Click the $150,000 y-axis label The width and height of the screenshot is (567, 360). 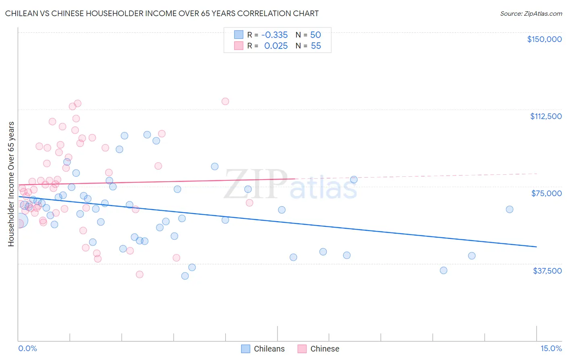tap(544, 39)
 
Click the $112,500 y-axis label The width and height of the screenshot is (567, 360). tap(546, 116)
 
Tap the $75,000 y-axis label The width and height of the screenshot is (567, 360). tap(546, 193)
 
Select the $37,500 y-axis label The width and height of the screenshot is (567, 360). tap(547, 271)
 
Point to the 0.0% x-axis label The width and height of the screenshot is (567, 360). tap(27, 349)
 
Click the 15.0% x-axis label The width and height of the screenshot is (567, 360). tap(551, 349)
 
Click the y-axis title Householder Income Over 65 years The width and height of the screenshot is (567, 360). tap(11, 184)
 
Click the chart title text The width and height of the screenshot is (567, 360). tap(162, 13)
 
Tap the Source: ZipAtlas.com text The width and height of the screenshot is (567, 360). tap(531, 14)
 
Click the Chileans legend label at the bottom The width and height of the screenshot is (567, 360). tap(269, 349)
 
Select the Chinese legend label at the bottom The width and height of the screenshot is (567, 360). tap(325, 349)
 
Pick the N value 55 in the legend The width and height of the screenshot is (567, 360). tap(316, 46)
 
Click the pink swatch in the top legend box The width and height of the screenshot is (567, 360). tap(239, 46)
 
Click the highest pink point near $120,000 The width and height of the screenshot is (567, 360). tap(225, 101)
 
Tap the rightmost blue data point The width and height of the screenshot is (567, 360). tap(509, 209)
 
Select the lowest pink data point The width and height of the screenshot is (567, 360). tap(140, 274)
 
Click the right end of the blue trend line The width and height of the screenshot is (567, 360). tap(536, 247)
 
